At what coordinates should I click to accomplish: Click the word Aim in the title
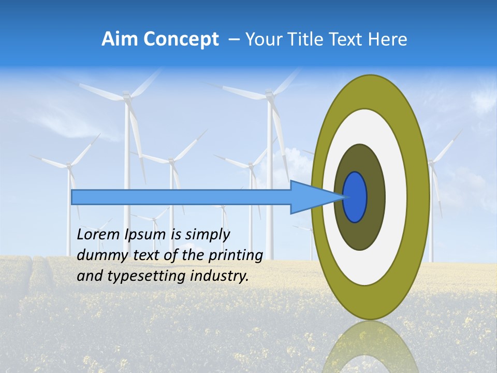pos(120,39)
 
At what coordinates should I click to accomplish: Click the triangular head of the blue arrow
pos(311,197)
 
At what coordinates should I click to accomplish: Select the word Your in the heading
pos(262,39)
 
